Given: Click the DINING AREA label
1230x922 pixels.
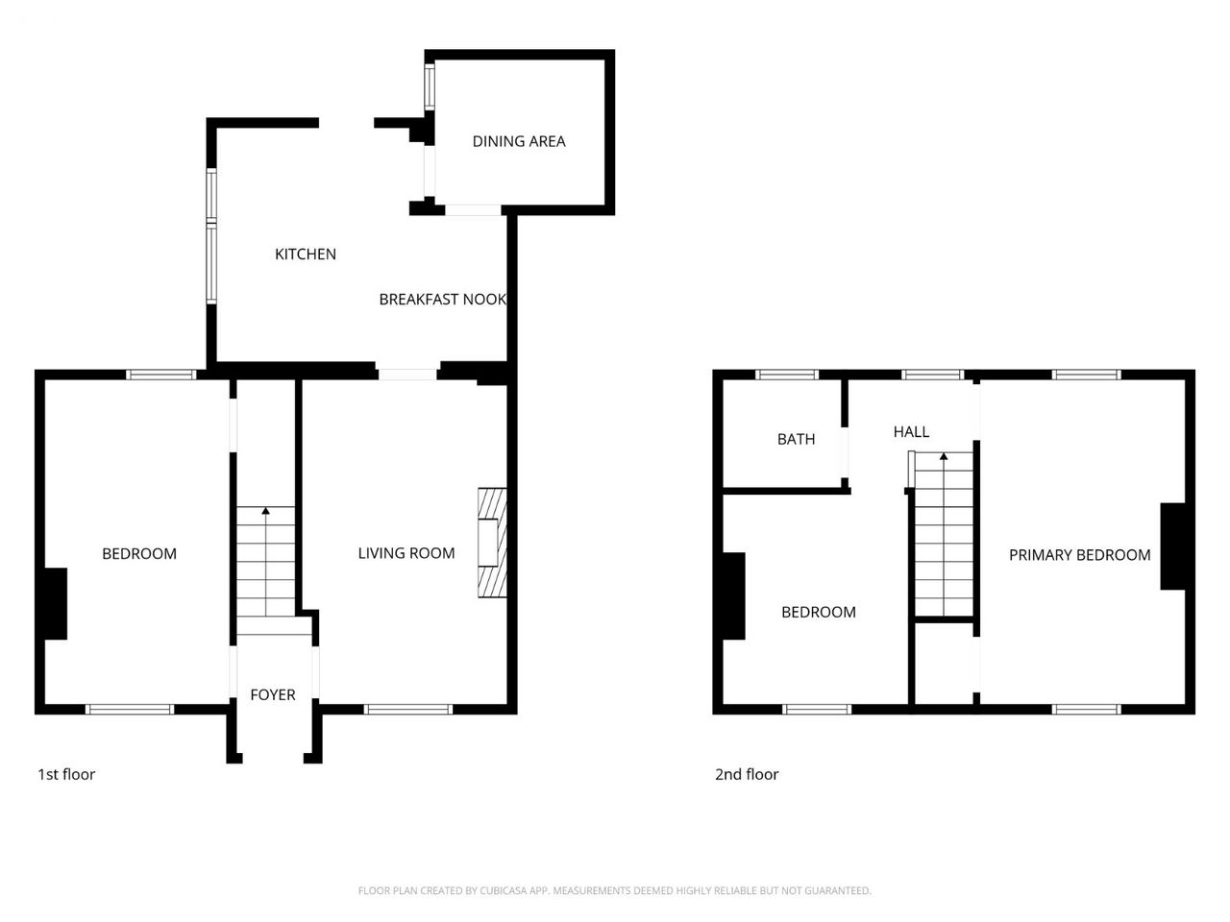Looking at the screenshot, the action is (518, 141).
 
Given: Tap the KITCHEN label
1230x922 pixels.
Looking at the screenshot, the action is (306, 255).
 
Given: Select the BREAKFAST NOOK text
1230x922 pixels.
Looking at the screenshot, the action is (443, 300).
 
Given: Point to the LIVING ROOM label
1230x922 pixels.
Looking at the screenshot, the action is (406, 553).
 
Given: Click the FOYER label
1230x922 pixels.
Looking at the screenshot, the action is (273, 694).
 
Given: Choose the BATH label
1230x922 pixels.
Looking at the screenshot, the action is (797, 440).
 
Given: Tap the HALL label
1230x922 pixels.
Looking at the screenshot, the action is (911, 431).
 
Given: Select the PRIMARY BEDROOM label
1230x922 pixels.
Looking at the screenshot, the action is (1080, 555).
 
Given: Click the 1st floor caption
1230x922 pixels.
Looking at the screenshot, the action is (66, 774).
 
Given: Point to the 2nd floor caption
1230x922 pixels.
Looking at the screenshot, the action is (747, 774).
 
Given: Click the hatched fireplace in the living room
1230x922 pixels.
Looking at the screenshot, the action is (492, 543).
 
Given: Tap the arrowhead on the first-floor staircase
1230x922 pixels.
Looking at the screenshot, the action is (265, 511).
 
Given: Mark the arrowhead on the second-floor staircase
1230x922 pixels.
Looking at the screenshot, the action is (944, 456).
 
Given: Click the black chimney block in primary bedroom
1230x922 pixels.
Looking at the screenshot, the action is (1173, 546).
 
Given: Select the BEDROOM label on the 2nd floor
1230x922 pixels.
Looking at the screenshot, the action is (819, 612).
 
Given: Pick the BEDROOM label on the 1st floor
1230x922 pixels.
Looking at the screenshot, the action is (139, 553).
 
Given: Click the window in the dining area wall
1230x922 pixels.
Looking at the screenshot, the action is (430, 86).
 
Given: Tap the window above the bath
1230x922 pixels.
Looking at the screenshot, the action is (787, 375).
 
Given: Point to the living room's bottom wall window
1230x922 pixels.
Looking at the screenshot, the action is (408, 710).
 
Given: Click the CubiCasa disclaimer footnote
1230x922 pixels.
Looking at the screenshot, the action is (615, 890).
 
